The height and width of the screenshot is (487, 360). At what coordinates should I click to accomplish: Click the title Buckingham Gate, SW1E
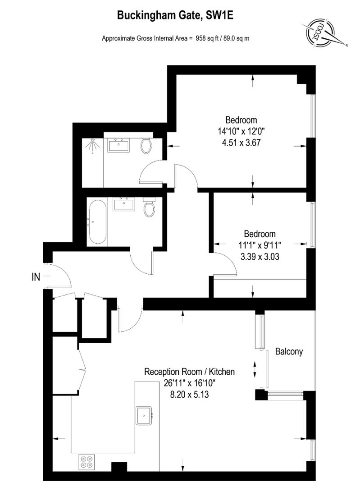[176, 16]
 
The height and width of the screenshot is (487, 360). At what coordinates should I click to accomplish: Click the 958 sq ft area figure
[205, 38]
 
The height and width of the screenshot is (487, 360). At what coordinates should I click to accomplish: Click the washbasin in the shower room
[119, 146]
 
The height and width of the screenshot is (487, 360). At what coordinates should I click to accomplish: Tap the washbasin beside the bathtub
[123, 204]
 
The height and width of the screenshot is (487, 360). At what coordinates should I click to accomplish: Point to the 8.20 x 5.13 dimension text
[189, 394]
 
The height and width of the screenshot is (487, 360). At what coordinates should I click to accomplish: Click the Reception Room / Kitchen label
[189, 372]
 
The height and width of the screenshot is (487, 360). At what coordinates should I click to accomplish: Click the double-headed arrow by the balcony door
[256, 369]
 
